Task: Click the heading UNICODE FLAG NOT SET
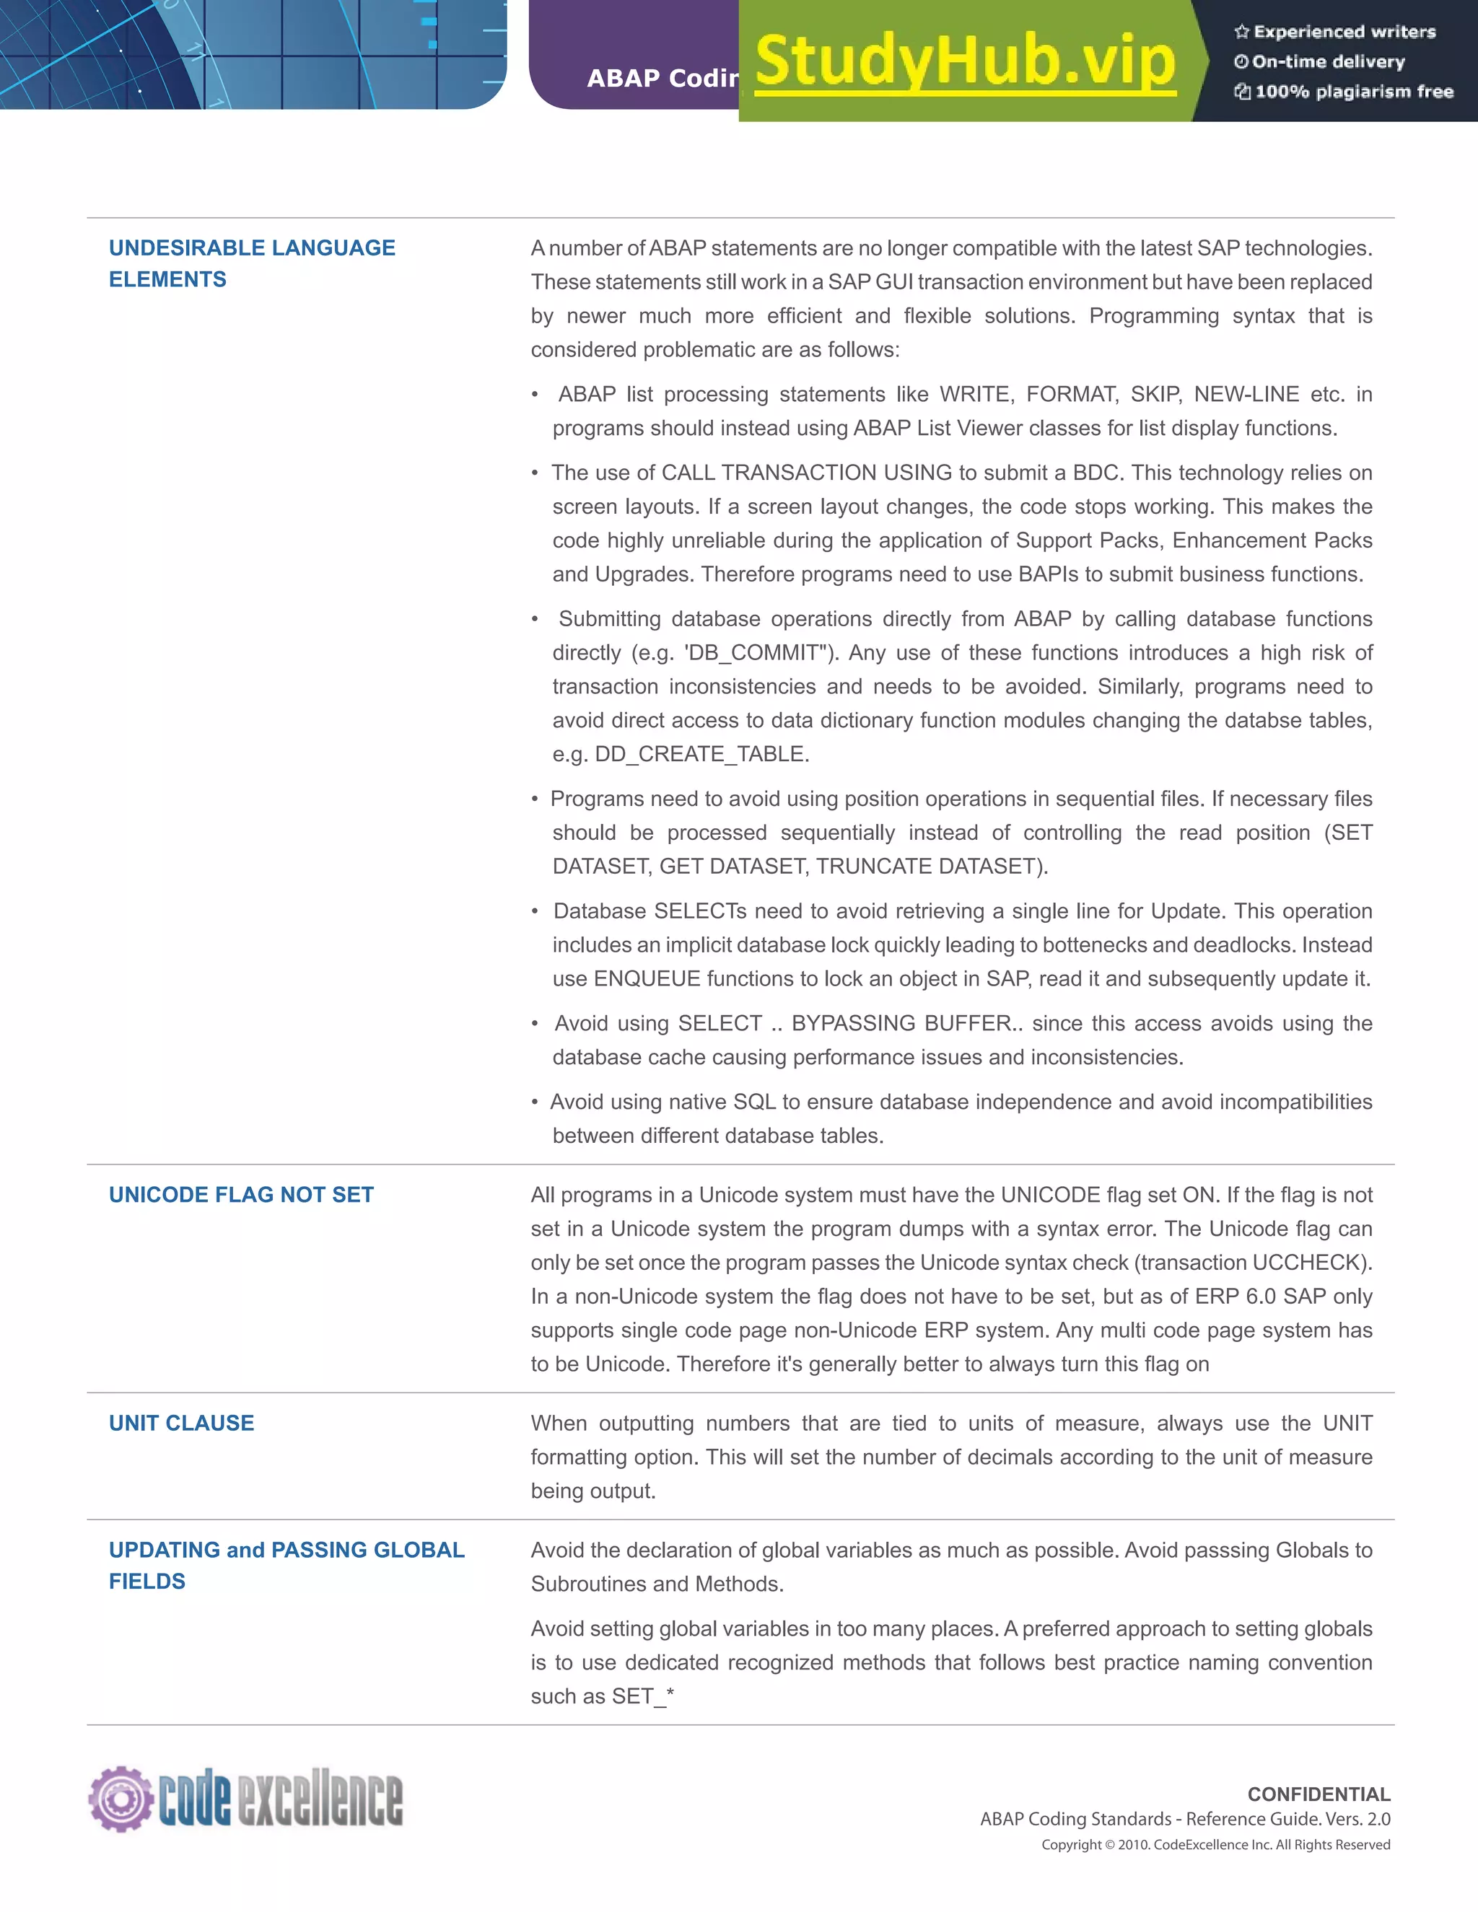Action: (x=241, y=1195)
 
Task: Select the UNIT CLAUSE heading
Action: (x=181, y=1424)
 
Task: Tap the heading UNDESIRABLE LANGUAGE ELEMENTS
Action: (x=251, y=263)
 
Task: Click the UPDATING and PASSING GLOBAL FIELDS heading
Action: (x=286, y=1566)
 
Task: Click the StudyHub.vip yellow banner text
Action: (x=964, y=61)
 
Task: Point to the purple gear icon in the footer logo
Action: (x=120, y=1798)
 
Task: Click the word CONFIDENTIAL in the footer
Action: (x=1318, y=1794)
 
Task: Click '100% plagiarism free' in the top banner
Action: (x=1354, y=92)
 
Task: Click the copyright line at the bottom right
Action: (x=1215, y=1845)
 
